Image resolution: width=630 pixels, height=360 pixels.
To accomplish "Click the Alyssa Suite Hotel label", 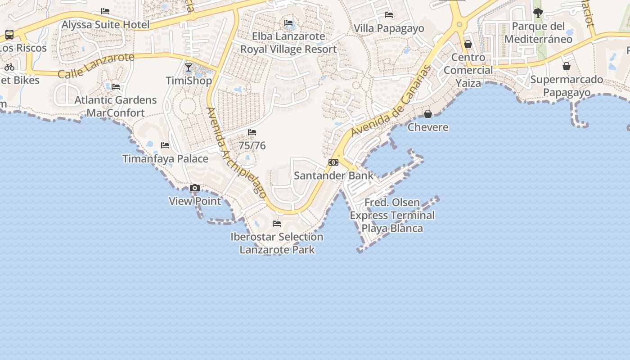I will click(105, 24).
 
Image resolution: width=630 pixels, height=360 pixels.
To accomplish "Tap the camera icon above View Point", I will click(195, 188).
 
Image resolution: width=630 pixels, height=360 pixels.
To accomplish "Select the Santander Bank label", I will click(333, 175).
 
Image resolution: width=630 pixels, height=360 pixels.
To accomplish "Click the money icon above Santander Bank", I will click(333, 162).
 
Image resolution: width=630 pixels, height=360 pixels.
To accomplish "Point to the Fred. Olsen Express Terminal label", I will click(392, 215).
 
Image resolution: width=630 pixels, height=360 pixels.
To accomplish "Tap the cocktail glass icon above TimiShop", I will click(189, 68).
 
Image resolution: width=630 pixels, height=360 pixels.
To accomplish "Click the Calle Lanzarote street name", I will click(96, 65).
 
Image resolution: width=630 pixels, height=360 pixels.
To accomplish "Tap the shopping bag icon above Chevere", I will click(428, 114).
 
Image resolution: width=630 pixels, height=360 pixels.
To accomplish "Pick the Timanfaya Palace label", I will click(165, 159).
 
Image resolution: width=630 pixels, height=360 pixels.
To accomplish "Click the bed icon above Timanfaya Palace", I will click(165, 145).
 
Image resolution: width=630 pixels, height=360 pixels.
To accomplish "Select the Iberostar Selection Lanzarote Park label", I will click(277, 243).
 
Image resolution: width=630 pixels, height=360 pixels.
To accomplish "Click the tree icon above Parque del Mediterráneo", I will click(538, 13).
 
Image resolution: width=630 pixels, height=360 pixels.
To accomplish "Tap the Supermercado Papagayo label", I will click(567, 86).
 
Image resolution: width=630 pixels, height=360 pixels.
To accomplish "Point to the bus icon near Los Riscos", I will click(9, 34).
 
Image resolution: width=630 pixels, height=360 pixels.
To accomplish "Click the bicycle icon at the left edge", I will click(9, 67).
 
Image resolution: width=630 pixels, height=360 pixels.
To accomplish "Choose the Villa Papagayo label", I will click(389, 28).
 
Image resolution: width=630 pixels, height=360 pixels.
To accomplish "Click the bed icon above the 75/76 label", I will click(252, 132).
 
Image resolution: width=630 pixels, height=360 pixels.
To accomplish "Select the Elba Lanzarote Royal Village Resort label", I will click(288, 42).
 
